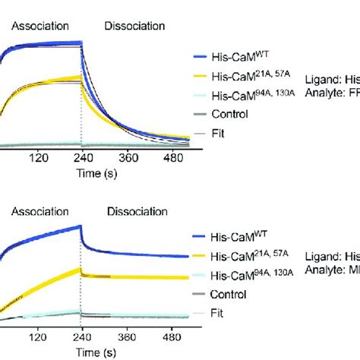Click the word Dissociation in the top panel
click(134, 26)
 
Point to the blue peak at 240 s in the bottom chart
click(81, 226)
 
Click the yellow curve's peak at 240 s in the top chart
click(80, 77)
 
